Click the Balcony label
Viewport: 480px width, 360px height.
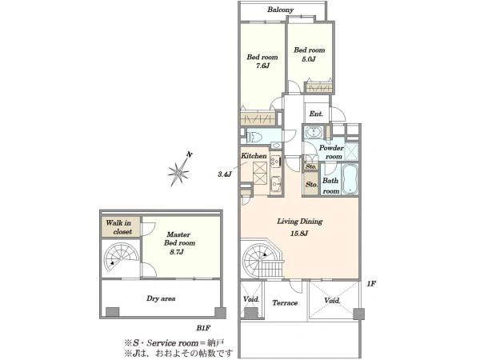click(x=281, y=10)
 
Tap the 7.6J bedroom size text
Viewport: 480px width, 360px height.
click(x=262, y=66)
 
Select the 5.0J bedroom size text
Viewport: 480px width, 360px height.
click(x=309, y=58)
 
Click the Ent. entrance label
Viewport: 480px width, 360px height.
click(x=316, y=114)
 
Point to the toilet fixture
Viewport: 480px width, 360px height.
click(x=254, y=136)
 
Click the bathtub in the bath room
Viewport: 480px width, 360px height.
click(x=350, y=179)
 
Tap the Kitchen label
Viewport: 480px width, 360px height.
click(x=254, y=156)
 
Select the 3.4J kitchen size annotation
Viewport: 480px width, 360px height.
click(x=224, y=174)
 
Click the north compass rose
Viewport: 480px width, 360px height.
click(x=180, y=171)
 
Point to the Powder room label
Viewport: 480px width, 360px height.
click(x=331, y=152)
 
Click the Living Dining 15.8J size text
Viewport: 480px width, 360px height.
click(x=299, y=234)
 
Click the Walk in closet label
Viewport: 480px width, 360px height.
click(x=119, y=227)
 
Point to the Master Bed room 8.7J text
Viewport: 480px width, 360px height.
click(x=178, y=243)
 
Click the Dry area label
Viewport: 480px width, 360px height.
click(x=161, y=298)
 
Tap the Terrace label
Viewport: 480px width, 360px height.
click(x=285, y=302)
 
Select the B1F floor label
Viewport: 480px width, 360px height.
click(x=203, y=328)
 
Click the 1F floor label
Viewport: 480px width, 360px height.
click(x=371, y=284)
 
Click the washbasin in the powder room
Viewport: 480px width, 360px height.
click(x=313, y=132)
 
